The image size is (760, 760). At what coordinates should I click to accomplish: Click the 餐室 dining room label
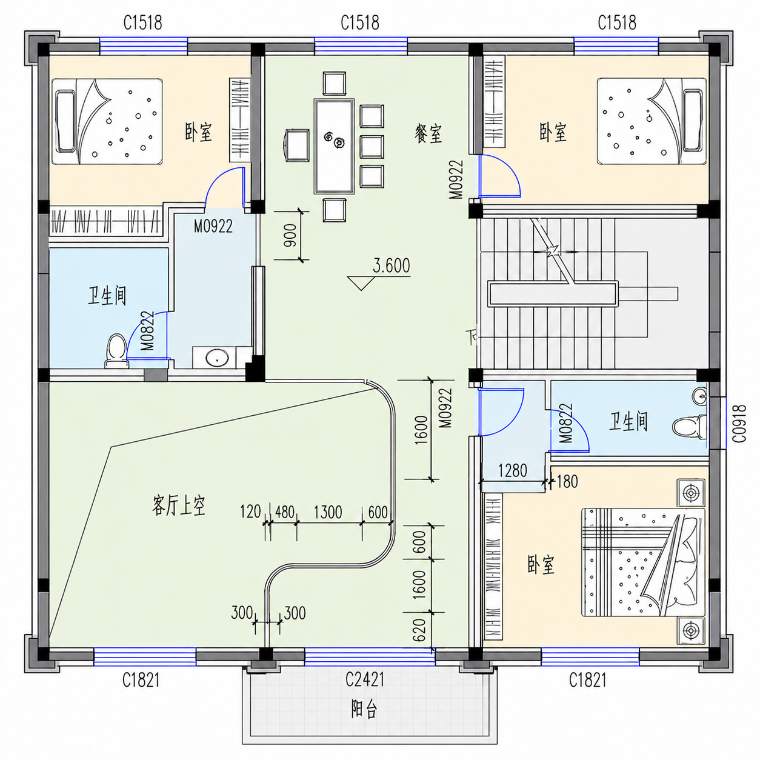click(x=428, y=133)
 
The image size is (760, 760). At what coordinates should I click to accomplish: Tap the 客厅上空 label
click(x=179, y=506)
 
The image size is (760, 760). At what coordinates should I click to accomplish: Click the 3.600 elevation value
click(x=392, y=265)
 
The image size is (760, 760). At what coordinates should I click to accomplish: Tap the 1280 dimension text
click(x=512, y=470)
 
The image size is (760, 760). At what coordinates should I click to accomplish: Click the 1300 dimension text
click(x=328, y=512)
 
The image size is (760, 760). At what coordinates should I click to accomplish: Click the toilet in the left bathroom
click(x=117, y=351)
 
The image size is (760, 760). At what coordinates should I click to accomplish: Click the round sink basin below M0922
click(x=217, y=358)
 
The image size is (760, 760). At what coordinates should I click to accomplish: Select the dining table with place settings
click(x=334, y=146)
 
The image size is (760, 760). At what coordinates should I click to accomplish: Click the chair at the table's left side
click(x=296, y=145)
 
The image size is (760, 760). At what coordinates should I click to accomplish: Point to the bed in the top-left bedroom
click(x=107, y=122)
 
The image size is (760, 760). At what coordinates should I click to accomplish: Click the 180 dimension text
click(x=567, y=481)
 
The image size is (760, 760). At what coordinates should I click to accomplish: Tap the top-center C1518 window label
click(x=360, y=23)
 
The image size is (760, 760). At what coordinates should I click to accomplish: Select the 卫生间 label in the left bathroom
click(x=107, y=296)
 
